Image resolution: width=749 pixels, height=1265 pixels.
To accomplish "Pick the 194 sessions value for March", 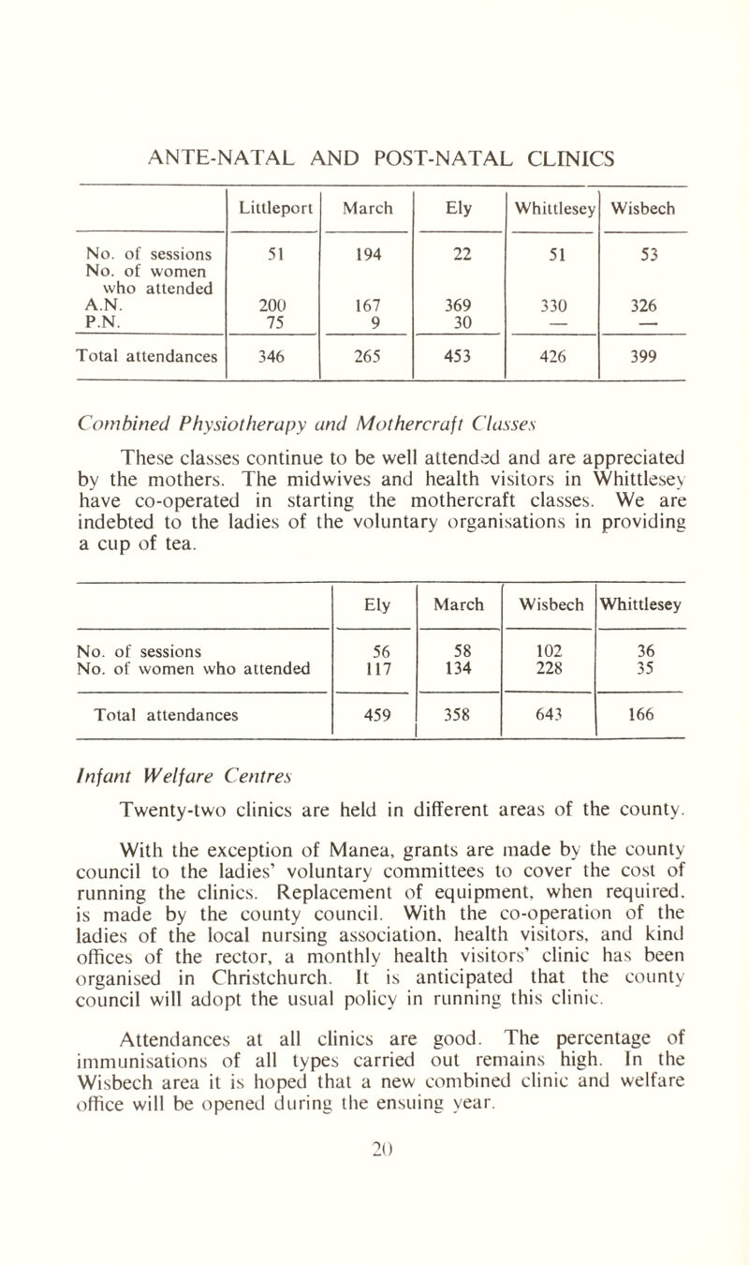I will (x=367, y=252).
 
